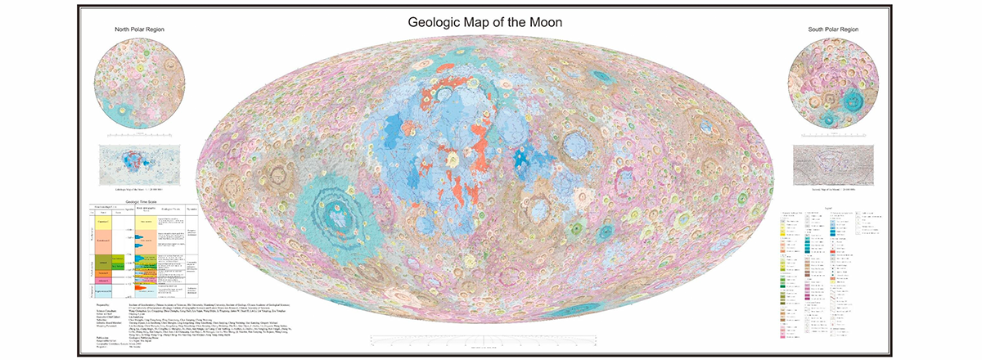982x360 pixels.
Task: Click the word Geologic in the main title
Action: pyautogui.click(x=442, y=22)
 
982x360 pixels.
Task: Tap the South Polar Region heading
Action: pyautogui.click(x=833, y=30)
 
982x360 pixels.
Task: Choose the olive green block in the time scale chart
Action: pyautogui.click(x=105, y=263)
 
